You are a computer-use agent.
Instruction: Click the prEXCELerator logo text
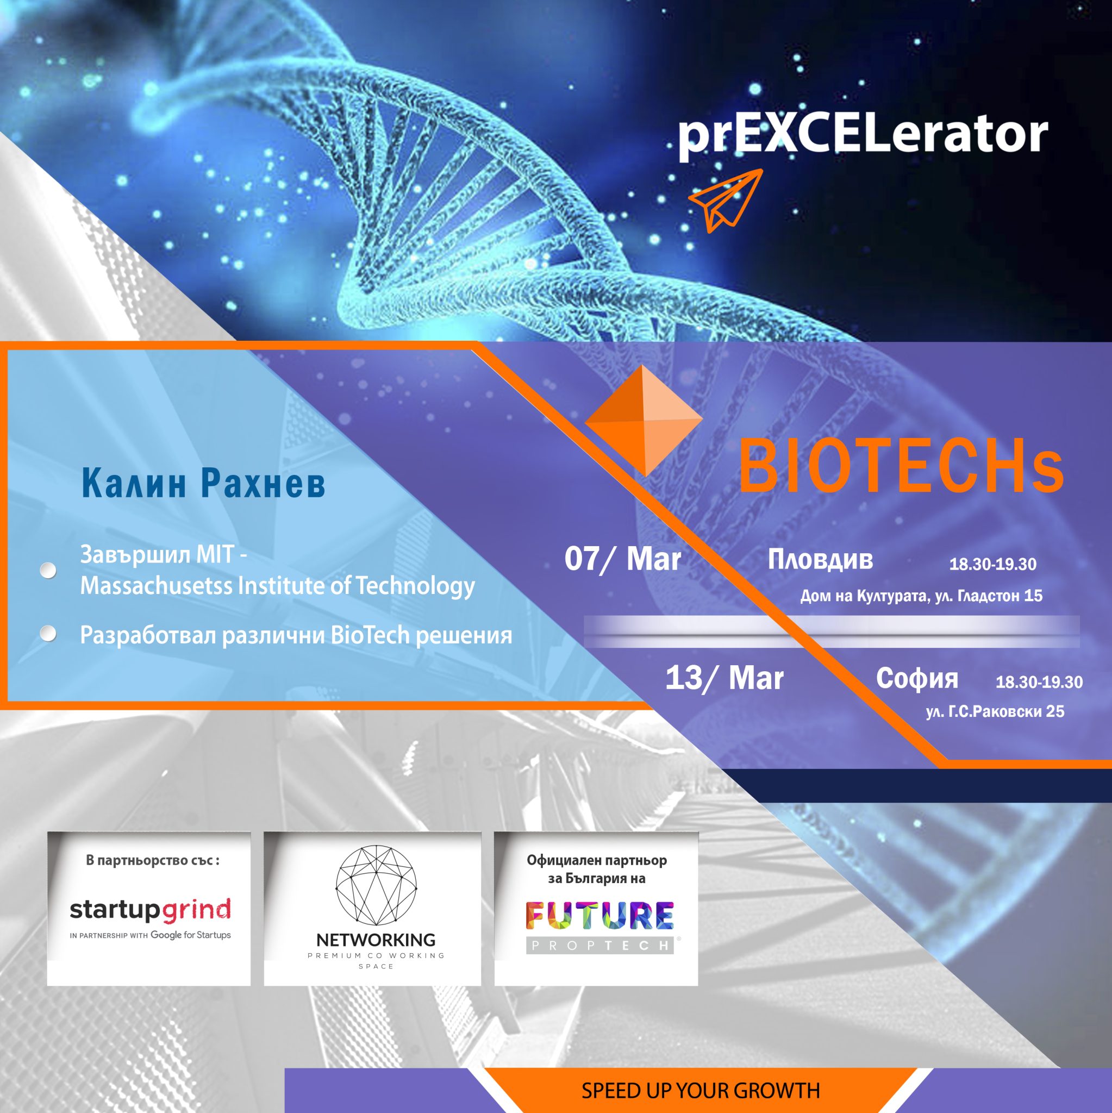tap(863, 135)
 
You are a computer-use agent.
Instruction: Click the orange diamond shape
tap(644, 421)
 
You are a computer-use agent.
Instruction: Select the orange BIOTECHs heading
tap(901, 466)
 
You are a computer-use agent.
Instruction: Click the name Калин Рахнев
tap(203, 482)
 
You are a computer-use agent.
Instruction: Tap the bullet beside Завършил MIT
tap(48, 570)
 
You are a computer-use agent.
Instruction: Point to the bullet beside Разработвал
tap(48, 634)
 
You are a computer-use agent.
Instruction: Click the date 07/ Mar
tap(622, 559)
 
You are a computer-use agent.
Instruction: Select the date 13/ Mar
tap(724, 678)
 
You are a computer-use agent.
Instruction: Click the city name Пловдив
tap(820, 559)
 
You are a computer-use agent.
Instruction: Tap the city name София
tap(917, 679)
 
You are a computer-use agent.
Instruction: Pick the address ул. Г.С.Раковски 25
tap(995, 711)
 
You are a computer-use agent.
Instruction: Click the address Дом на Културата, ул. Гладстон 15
tap(921, 596)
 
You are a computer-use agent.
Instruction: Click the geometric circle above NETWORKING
tap(376, 886)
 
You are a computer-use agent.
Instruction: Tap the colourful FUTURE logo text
tap(599, 915)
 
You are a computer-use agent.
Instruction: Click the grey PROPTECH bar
tap(599, 946)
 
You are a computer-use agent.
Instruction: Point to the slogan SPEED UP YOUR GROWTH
tap(700, 1091)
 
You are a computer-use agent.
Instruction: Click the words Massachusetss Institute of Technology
tap(278, 586)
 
